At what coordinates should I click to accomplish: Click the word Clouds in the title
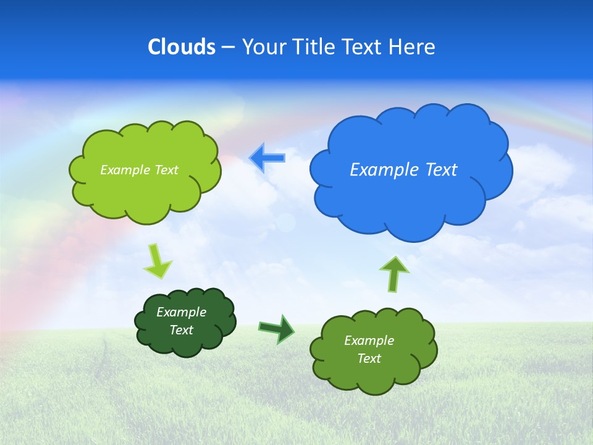182,47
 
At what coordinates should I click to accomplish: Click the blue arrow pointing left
267,158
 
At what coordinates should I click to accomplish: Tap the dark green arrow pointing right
277,329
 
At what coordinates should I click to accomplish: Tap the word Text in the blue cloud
441,170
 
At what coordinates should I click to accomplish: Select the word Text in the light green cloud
166,170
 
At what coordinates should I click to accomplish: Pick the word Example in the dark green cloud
181,312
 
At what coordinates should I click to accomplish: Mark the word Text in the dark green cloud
181,330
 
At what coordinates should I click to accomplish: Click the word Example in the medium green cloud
369,341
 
